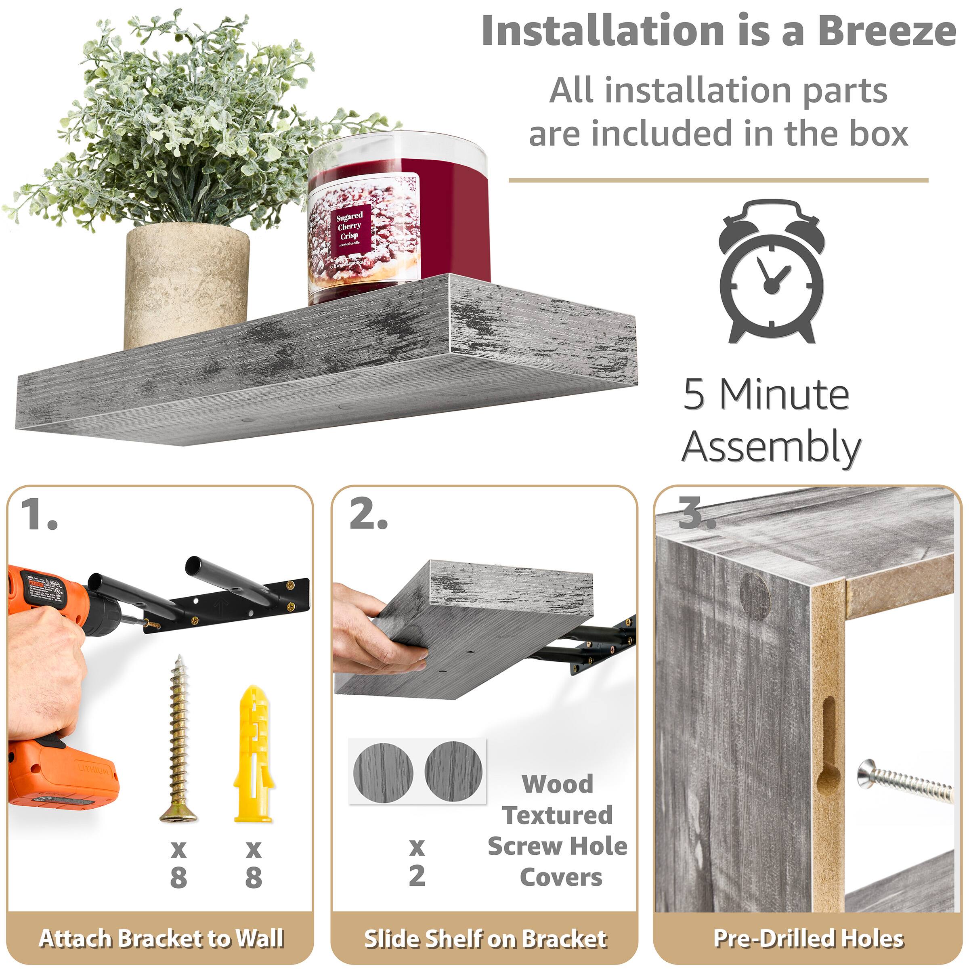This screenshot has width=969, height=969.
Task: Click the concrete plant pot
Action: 187,286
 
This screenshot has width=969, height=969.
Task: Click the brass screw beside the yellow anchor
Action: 179,740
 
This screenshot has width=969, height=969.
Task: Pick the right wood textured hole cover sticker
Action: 453,771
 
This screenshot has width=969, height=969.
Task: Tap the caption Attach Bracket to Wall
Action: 161,938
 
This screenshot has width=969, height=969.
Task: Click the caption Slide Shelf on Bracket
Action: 485,938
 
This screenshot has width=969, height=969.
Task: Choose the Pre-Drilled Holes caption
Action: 808,938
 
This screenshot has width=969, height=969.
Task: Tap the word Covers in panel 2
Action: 561,877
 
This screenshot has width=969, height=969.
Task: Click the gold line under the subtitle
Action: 718,180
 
